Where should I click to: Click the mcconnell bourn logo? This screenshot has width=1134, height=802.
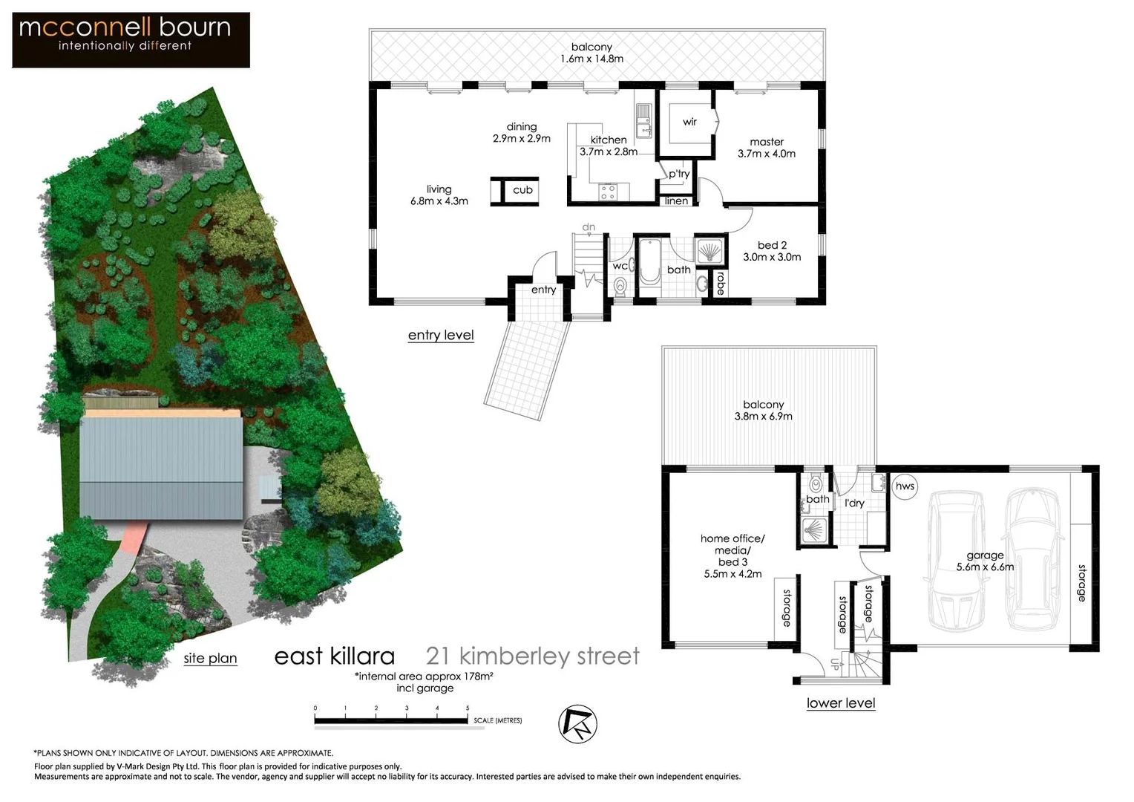click(131, 39)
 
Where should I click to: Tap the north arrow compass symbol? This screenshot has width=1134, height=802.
click(577, 724)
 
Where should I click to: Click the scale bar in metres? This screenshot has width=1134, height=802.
click(392, 720)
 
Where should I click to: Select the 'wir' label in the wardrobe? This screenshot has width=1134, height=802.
click(689, 122)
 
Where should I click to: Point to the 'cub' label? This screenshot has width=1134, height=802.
click(522, 190)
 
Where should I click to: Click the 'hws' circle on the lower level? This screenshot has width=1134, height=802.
click(905, 486)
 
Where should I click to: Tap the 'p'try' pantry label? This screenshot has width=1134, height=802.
click(679, 174)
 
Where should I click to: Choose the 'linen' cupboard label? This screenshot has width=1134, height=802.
click(676, 201)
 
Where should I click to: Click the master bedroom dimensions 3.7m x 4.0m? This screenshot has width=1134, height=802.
click(767, 154)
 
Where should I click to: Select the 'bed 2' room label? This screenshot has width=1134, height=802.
click(772, 245)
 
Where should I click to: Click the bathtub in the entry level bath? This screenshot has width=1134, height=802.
click(649, 261)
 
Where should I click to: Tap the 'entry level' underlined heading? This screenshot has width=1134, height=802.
click(441, 335)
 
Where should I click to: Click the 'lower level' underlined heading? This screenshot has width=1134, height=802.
click(841, 703)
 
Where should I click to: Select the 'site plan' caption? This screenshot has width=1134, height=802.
click(210, 658)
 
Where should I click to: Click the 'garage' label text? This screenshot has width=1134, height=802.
click(985, 555)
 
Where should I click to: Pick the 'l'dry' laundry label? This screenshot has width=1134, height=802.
click(854, 503)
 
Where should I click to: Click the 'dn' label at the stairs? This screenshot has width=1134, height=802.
click(589, 227)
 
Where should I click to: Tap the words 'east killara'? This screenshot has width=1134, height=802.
click(334, 656)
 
